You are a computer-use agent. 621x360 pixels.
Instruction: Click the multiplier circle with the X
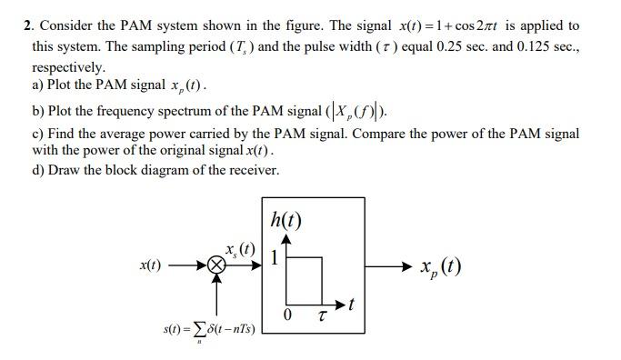pos(215,266)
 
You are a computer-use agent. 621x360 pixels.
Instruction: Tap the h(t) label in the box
pos(285,220)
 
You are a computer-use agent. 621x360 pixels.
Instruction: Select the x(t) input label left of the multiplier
pos(151,265)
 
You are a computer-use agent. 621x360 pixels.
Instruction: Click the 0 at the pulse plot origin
pos(286,315)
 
